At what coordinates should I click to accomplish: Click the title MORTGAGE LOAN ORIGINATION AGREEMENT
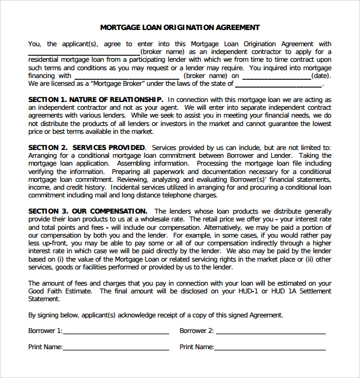pyautogui.click(x=179, y=27)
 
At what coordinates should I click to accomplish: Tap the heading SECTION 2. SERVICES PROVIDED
pyautogui.click(x=86, y=148)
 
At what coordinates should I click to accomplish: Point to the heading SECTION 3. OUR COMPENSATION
pyautogui.click(x=88, y=211)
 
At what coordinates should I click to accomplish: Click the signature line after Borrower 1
pyautogui.click(x=116, y=332)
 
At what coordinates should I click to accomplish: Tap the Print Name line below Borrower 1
pyautogui.click(x=116, y=348)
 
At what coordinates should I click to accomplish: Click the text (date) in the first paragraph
pyautogui.click(x=322, y=76)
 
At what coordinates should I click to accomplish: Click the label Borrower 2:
pyautogui.click(x=197, y=331)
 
